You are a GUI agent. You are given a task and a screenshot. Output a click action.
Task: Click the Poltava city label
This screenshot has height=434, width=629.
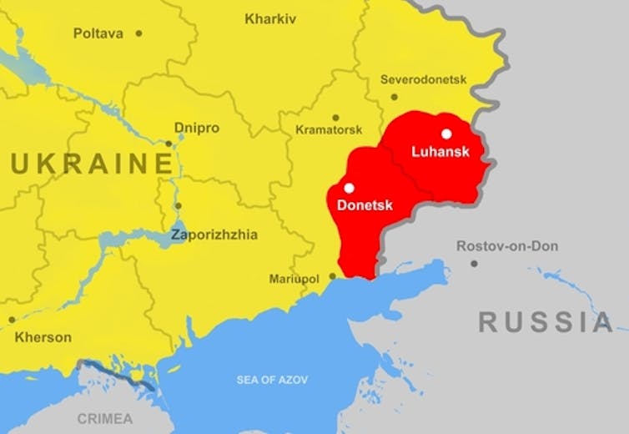pyautogui.click(x=98, y=33)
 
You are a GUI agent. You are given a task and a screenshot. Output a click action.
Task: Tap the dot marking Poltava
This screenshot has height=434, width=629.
pyautogui.click(x=138, y=33)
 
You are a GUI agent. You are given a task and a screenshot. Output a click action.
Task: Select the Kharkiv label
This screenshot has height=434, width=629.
pyautogui.click(x=269, y=18)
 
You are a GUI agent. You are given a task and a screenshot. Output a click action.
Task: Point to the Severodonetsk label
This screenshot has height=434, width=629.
pyautogui.click(x=423, y=80)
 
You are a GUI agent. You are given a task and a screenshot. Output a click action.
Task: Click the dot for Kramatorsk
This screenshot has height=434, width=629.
pyautogui.click(x=335, y=118)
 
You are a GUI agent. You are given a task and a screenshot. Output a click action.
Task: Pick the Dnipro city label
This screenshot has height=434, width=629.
pyautogui.click(x=196, y=128)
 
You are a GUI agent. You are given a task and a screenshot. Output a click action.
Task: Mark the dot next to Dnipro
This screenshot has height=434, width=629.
pyautogui.click(x=169, y=144)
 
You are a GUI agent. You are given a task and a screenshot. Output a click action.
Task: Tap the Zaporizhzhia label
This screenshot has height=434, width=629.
pyautogui.click(x=214, y=235)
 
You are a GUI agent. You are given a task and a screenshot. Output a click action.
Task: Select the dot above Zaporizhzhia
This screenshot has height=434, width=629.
pyautogui.click(x=178, y=205)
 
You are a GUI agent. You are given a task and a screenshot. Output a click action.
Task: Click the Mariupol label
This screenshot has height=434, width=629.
pyautogui.click(x=294, y=279)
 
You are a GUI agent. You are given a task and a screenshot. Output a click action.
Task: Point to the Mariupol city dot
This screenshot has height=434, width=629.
pyautogui.click(x=332, y=275)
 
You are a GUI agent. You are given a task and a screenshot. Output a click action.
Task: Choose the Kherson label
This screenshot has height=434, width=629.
pyautogui.click(x=43, y=337)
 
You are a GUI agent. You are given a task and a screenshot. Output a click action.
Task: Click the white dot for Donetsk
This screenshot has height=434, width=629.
pyautogui.click(x=349, y=188)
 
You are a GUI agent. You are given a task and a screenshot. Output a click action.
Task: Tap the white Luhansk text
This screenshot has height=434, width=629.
pyautogui.click(x=440, y=152)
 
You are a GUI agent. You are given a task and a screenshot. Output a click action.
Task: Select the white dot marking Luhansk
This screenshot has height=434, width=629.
pyautogui.click(x=446, y=134)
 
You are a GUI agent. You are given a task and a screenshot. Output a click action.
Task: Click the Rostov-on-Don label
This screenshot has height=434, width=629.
pyautogui.click(x=507, y=246)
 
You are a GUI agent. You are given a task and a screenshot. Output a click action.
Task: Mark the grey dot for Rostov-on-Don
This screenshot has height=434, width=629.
pyautogui.click(x=474, y=264)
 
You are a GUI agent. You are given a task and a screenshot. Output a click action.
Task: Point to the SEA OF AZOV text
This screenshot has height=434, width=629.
pyautogui.click(x=272, y=380)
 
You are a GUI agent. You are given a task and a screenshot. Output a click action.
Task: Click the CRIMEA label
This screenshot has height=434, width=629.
pyautogui.click(x=104, y=417)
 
